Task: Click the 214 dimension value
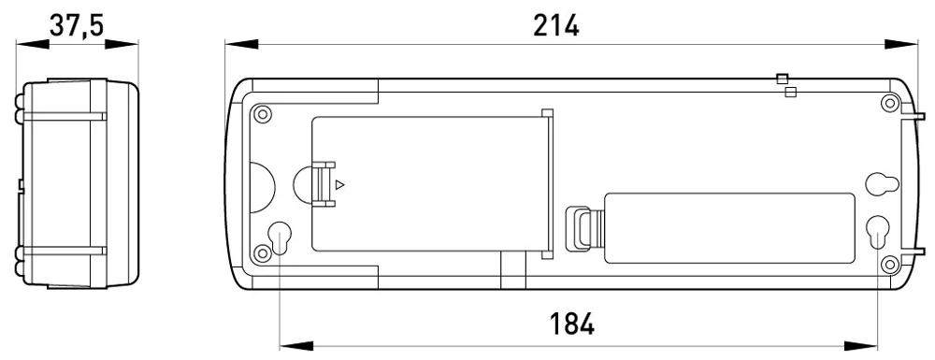point(555,25)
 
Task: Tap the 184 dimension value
point(571,324)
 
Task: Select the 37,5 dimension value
point(77,25)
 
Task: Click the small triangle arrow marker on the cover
point(340,185)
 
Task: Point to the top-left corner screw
point(263,112)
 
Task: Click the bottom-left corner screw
point(263,252)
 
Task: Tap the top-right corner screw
point(890,103)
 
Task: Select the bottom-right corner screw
point(890,264)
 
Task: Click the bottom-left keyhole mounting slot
point(279,238)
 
